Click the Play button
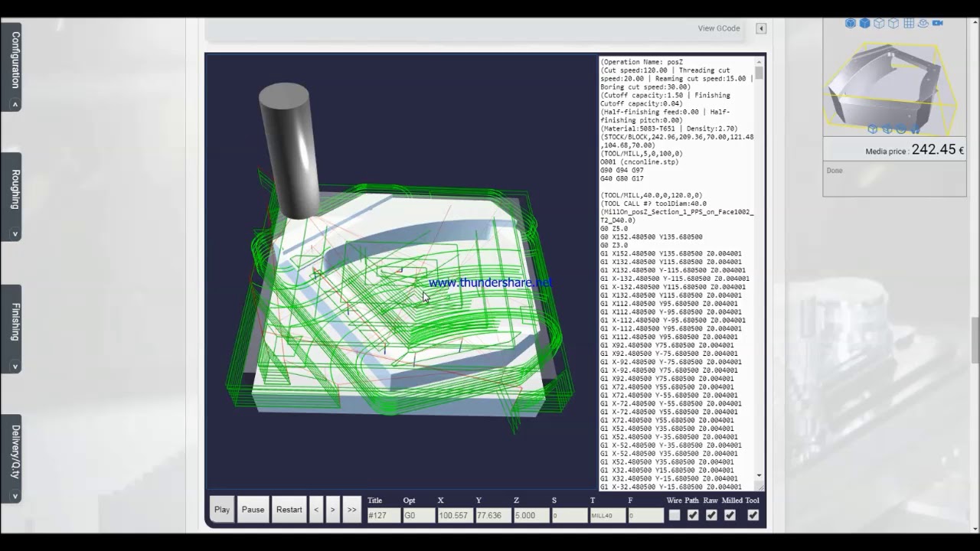222,510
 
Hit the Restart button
289,510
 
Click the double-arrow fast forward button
351,510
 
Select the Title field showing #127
384,516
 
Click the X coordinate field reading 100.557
453,516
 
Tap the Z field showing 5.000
531,516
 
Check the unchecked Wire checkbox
674,516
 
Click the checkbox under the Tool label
753,516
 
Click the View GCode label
718,28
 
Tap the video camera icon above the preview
937,23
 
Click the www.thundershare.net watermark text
490,283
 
